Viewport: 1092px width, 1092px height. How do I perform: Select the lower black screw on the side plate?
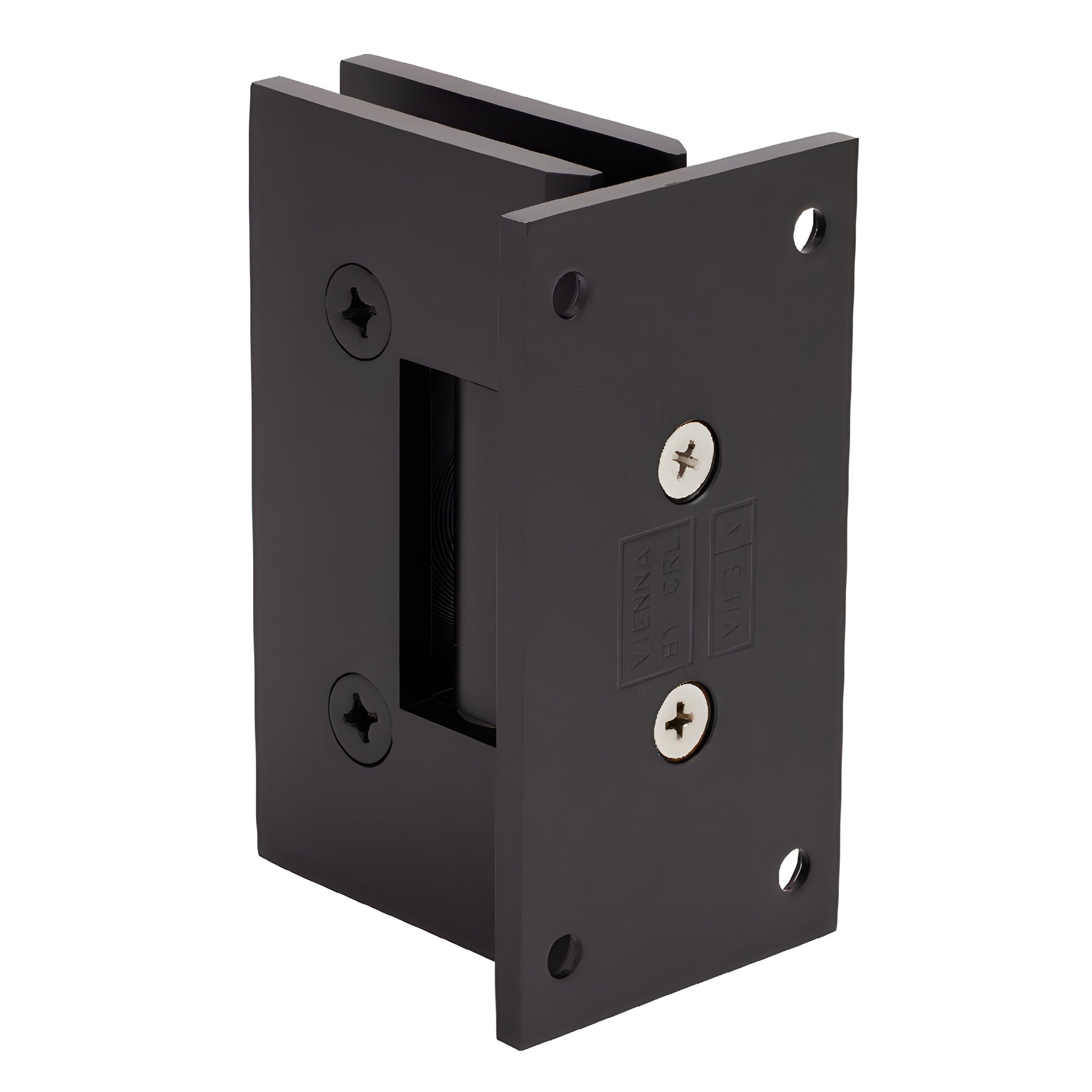(x=361, y=719)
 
